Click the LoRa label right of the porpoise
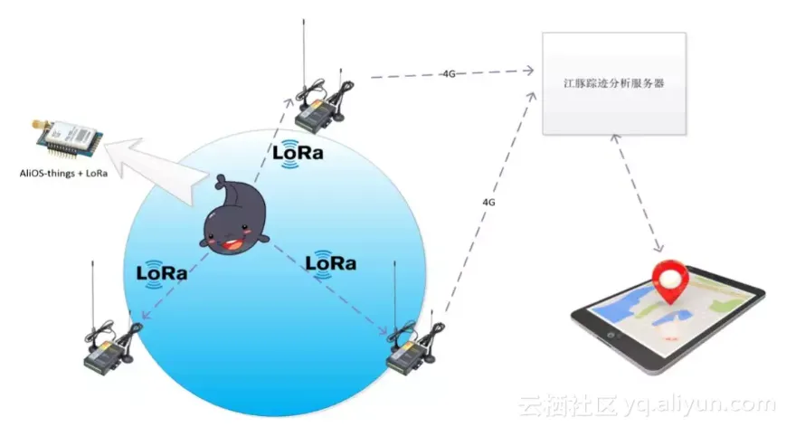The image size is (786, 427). [x=330, y=262]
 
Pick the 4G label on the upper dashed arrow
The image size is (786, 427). [x=449, y=73]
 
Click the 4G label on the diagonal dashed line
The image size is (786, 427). [x=488, y=203]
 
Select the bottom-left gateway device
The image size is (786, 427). [x=108, y=348]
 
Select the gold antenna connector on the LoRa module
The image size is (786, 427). [x=34, y=122]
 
